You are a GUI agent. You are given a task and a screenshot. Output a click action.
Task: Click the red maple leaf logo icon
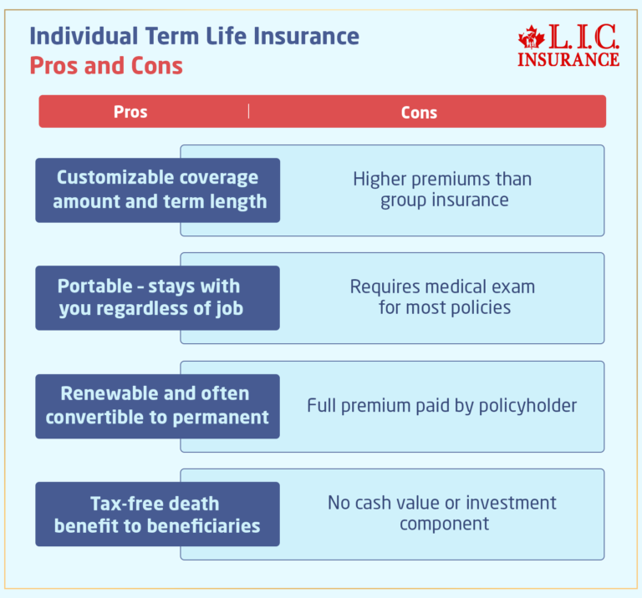tap(531, 38)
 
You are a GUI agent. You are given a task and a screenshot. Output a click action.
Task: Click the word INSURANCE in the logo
tap(568, 59)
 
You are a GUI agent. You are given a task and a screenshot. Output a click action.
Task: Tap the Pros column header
tap(130, 112)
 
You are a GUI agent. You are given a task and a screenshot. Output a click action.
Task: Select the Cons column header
tap(419, 112)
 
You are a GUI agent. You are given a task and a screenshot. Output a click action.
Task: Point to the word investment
tap(511, 503)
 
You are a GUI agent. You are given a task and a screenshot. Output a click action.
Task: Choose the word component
tap(444, 525)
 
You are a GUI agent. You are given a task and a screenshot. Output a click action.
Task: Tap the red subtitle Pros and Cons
tap(106, 65)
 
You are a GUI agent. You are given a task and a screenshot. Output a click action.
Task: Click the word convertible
tap(94, 416)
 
